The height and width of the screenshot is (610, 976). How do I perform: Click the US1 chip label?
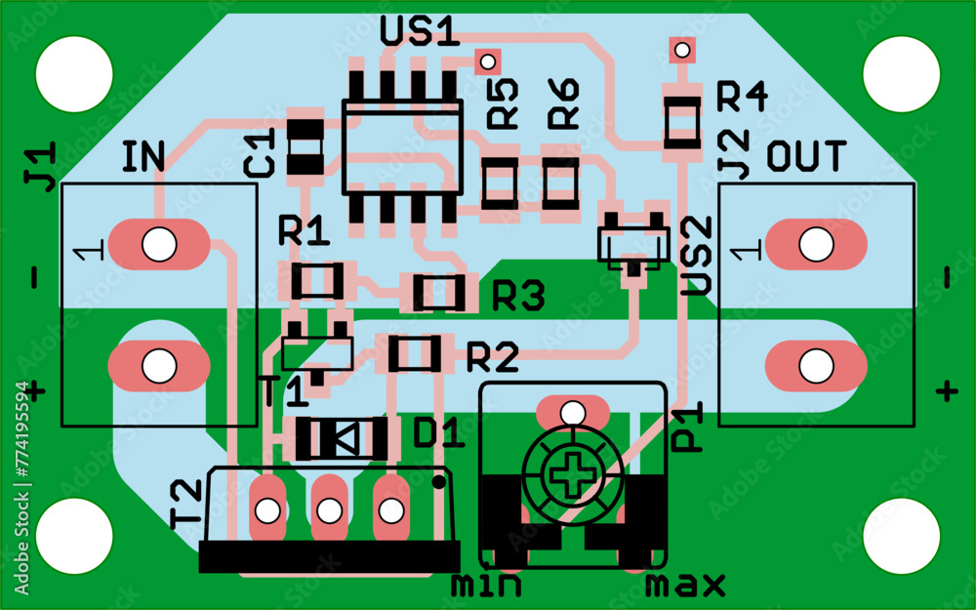point(420,32)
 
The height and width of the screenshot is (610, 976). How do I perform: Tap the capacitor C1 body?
point(306,146)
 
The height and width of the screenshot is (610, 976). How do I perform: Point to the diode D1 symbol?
point(342,438)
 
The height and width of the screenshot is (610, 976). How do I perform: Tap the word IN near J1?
point(143,156)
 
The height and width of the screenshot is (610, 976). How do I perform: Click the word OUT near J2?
point(806,156)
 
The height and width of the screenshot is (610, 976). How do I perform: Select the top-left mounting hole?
point(74,73)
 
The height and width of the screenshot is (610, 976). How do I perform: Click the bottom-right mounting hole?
point(901,536)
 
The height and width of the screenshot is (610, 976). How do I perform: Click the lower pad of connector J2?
point(816,366)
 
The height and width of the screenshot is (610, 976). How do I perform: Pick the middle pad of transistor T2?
point(329,509)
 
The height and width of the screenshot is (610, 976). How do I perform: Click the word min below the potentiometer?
point(485,586)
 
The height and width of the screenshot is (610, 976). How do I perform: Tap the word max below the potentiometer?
point(685,586)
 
